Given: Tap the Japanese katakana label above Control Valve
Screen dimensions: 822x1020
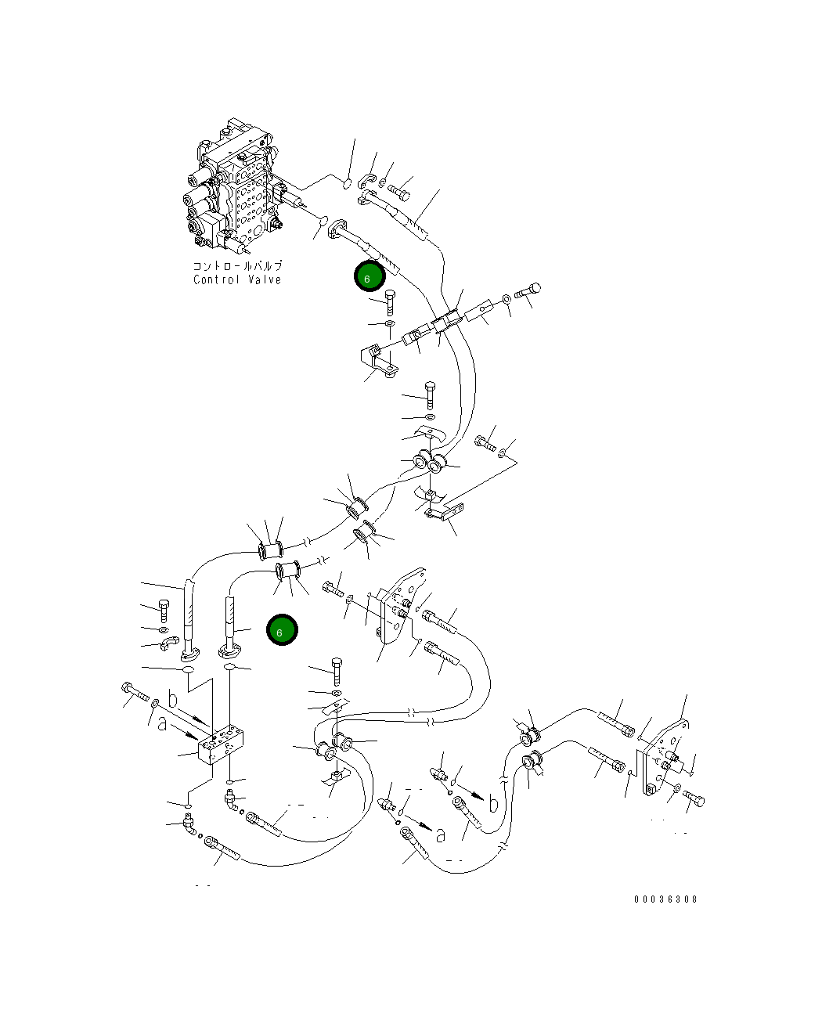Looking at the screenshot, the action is (x=237, y=265).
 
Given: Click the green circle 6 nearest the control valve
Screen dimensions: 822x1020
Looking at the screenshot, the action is (x=370, y=276).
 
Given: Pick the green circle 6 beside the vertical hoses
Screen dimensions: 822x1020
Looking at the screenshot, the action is (x=282, y=630).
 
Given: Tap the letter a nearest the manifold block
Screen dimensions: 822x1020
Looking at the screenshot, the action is (x=162, y=723).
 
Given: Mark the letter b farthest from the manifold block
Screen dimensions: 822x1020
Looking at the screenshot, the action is (x=493, y=805).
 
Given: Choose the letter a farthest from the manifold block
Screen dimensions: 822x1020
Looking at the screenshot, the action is (x=441, y=835).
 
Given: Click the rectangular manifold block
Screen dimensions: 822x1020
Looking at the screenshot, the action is (x=221, y=745).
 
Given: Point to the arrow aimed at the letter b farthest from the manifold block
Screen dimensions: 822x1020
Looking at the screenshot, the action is (x=470, y=792).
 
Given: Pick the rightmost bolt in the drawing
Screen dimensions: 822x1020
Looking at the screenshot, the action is (x=694, y=798).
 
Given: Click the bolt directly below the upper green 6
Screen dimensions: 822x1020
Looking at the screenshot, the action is (x=390, y=302).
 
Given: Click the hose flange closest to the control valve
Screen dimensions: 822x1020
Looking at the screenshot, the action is (x=337, y=228).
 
